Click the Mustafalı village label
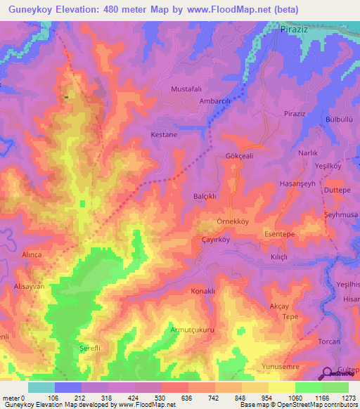tap(186, 89)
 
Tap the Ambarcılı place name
tap(217, 101)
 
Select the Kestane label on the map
tap(164, 134)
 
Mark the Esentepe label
tap(280, 234)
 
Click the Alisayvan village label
tap(29, 287)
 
